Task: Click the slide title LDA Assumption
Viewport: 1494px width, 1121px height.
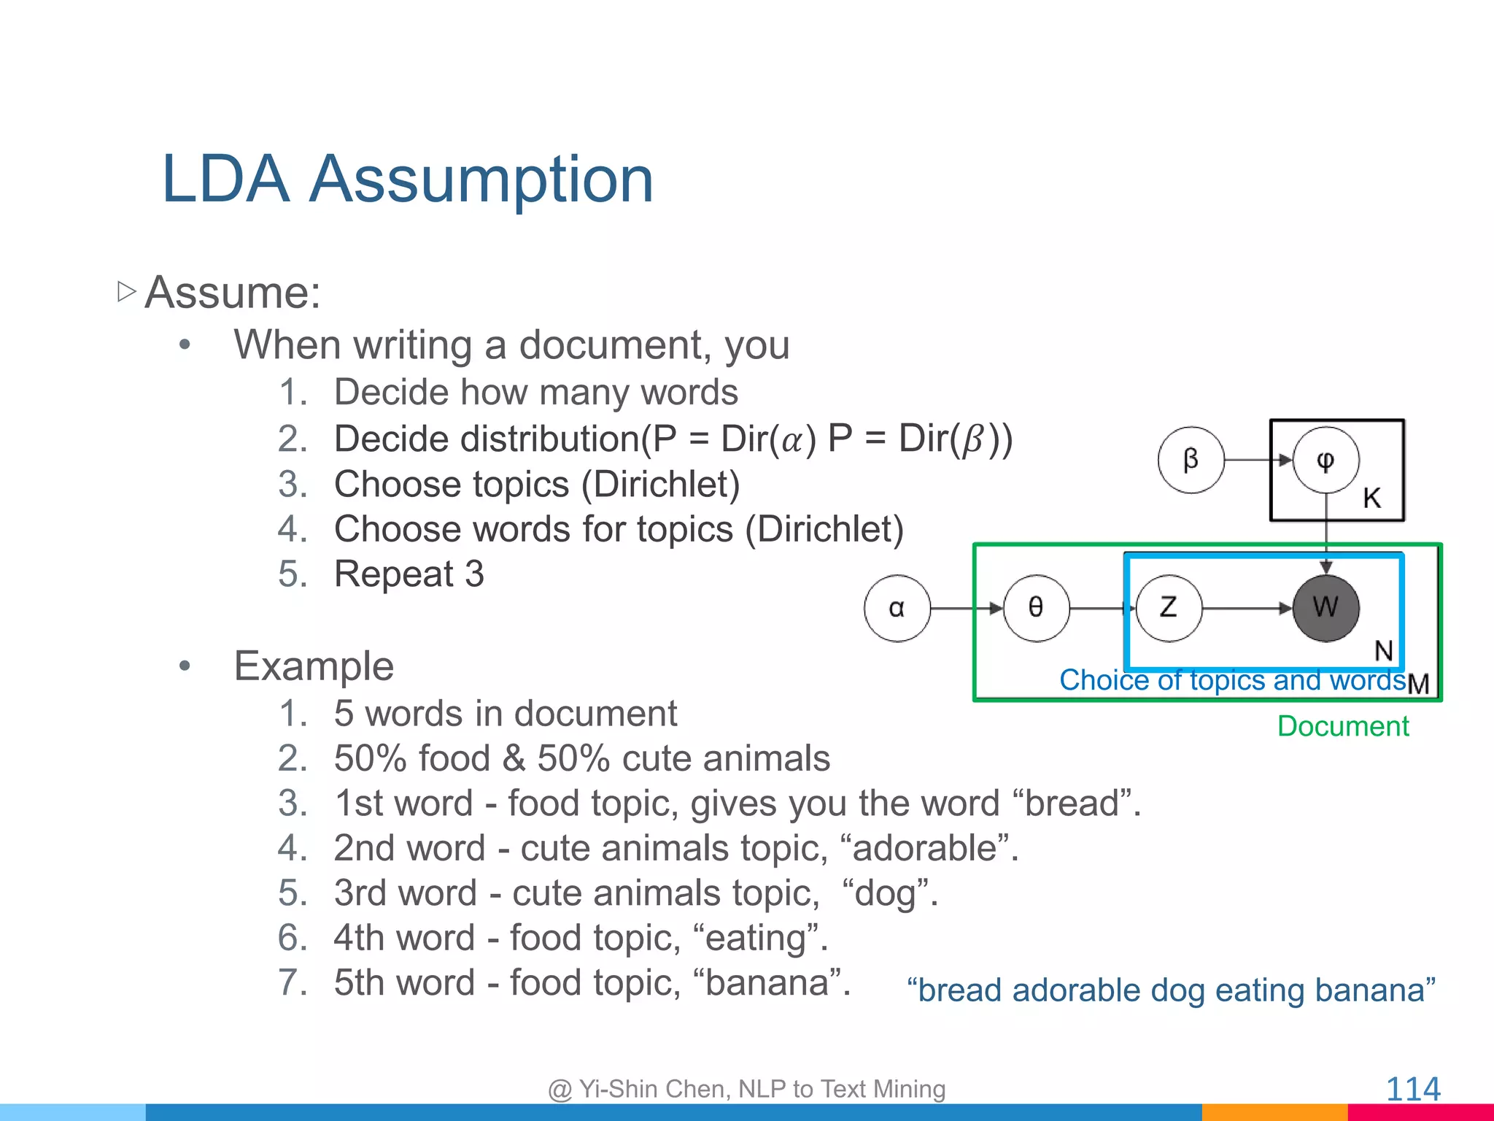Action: (407, 180)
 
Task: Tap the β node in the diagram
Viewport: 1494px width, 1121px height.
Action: (1191, 460)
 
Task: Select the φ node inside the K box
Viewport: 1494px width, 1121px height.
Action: (1325, 460)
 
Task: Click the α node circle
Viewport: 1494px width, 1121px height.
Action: (897, 608)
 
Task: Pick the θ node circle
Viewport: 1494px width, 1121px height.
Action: (1036, 608)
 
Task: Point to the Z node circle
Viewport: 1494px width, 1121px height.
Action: (1169, 608)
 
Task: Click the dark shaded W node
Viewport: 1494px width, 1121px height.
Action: (1325, 608)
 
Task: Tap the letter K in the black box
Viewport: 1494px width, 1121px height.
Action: (1371, 498)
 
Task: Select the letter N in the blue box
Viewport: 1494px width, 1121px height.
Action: (1383, 650)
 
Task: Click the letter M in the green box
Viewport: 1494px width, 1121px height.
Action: (1418, 684)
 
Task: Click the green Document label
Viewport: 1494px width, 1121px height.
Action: (1343, 726)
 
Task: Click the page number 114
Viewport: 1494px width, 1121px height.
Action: (1412, 1090)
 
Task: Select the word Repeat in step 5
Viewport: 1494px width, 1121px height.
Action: (394, 574)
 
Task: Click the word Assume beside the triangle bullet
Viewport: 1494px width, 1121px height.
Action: (232, 293)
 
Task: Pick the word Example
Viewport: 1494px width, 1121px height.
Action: (314, 666)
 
